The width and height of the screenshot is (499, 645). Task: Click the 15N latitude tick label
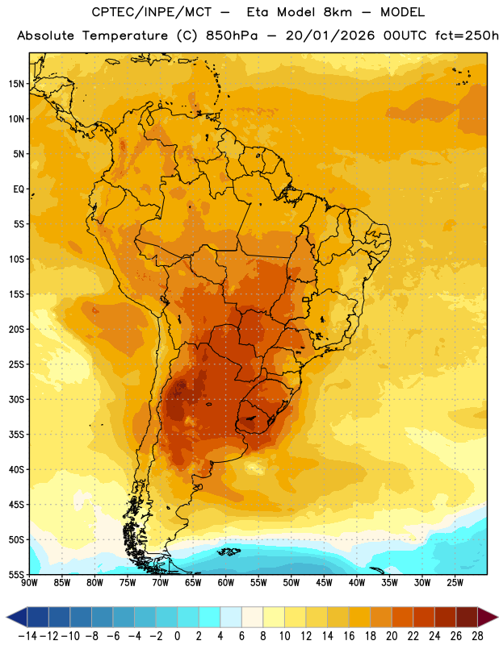[16, 84]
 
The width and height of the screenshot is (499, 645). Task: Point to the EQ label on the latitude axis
[19, 189]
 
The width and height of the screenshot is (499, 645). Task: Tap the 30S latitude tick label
[16, 399]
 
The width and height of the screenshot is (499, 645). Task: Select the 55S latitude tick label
[16, 575]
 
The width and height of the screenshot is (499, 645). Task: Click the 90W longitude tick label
[29, 583]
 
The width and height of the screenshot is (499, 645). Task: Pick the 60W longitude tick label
[226, 583]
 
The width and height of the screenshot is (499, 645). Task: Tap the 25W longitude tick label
[455, 583]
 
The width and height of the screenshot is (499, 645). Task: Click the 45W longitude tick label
[324, 583]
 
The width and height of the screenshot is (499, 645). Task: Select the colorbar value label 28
[477, 636]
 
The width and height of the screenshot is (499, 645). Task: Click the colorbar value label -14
[27, 636]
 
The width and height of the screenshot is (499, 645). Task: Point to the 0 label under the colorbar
[177, 636]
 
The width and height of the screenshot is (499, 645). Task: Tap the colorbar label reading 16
[349, 636]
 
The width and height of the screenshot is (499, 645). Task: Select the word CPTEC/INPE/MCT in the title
[152, 12]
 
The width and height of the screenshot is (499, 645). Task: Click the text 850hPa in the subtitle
[232, 35]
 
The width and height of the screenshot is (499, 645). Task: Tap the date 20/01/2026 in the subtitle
[330, 35]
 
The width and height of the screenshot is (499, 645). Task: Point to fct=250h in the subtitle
[467, 35]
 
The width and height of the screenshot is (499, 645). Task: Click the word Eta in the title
[257, 12]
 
